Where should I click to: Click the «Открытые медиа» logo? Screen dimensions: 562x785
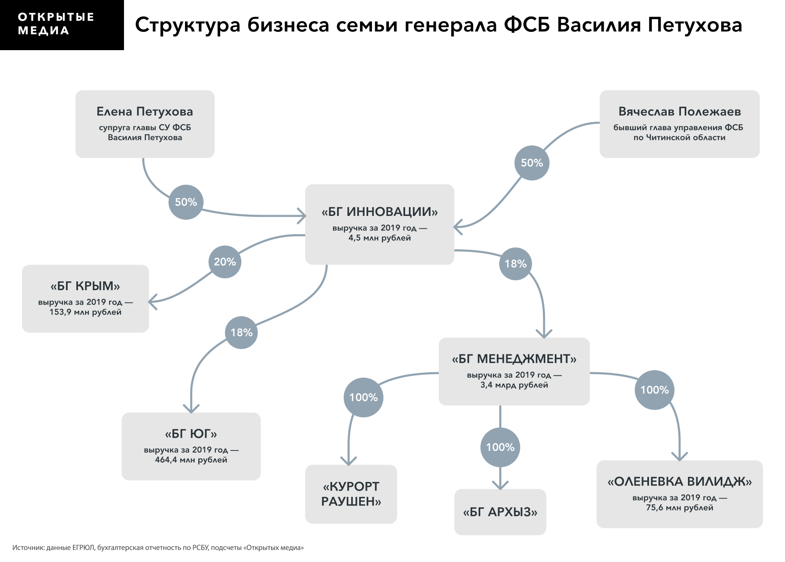click(56, 24)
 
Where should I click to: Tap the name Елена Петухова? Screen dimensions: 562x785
click(145, 111)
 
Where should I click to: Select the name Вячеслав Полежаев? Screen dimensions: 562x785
click(679, 111)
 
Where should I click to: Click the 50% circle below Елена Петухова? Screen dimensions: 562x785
click(186, 202)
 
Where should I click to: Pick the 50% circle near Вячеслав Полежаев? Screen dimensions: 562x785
click(532, 163)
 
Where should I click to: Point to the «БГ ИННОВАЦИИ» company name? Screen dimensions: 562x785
click(379, 212)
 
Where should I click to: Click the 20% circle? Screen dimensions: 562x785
click(225, 262)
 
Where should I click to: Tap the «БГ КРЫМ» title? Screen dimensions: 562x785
click(85, 286)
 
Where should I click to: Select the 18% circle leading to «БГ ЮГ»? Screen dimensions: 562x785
click(241, 332)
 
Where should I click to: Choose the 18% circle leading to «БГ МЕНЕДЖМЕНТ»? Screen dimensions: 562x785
click(515, 264)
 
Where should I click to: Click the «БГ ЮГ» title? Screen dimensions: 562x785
click(191, 434)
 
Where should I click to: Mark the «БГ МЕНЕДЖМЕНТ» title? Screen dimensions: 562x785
click(514, 359)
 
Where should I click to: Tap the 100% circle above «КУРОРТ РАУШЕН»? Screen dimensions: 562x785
click(363, 397)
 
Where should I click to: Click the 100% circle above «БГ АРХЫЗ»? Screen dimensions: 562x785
click(500, 447)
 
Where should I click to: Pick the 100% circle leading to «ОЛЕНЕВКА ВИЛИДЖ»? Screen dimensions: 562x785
click(654, 390)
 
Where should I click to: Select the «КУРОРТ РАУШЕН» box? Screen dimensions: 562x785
click(351, 494)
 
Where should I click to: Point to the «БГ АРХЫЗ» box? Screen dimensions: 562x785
click(500, 512)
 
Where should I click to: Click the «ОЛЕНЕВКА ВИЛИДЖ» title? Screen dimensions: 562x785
click(679, 482)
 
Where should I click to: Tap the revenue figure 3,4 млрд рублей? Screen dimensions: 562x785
click(514, 385)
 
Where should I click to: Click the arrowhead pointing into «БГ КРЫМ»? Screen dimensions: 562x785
click(151, 302)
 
